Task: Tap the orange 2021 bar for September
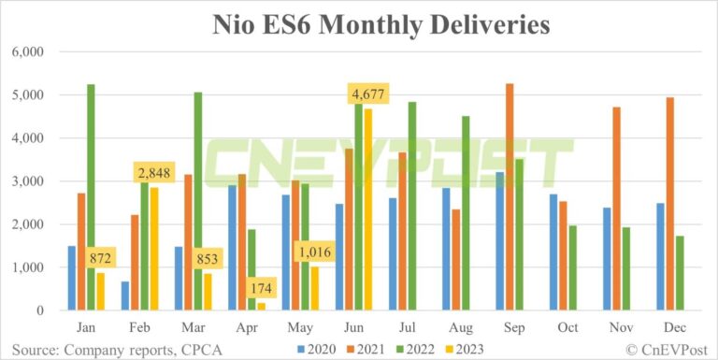[510, 196]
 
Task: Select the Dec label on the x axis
[676, 328]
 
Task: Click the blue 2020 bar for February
[125, 295]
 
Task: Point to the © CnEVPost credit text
[665, 349]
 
